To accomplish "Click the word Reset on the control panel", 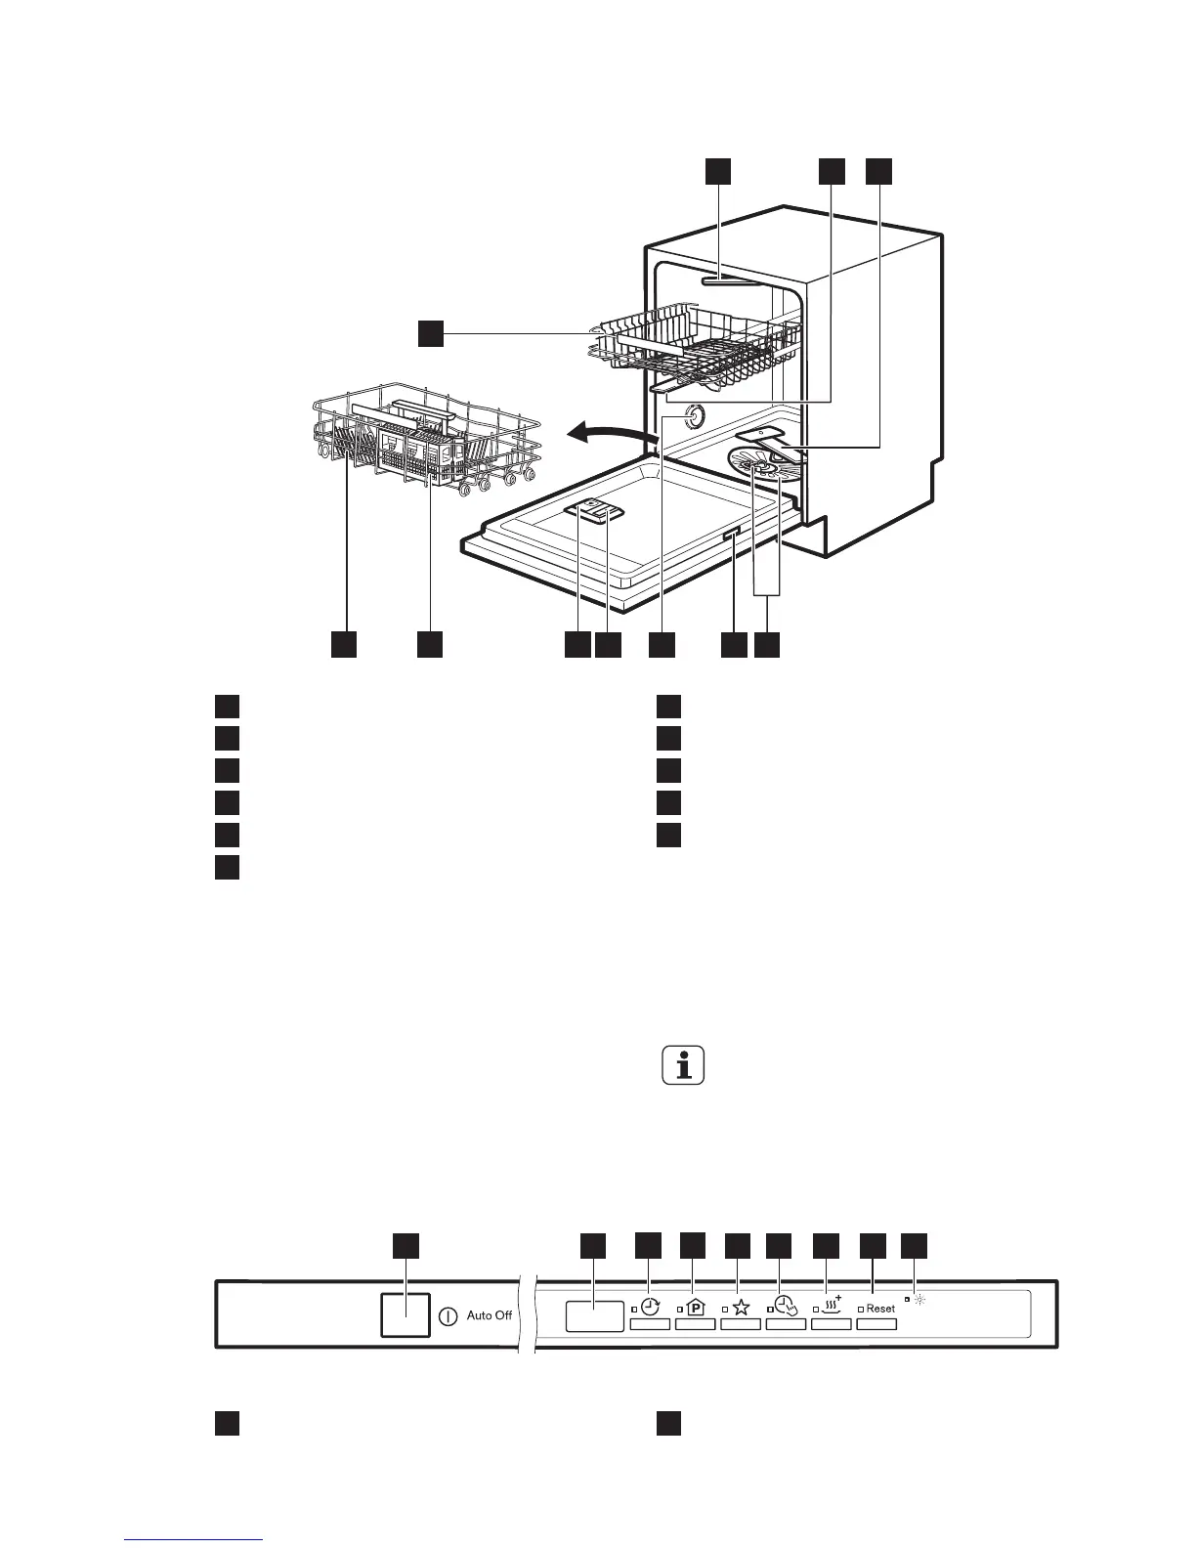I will [880, 1308].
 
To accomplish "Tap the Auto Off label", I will [489, 1315].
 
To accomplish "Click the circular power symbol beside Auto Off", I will [448, 1315].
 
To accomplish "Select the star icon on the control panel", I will [741, 1308].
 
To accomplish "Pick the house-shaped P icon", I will [695, 1308].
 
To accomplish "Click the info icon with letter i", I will [683, 1065].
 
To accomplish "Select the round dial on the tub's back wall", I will [693, 415].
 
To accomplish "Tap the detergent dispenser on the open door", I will [596, 508].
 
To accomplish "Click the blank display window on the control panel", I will [594, 1315].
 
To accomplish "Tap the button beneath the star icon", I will [741, 1324].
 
